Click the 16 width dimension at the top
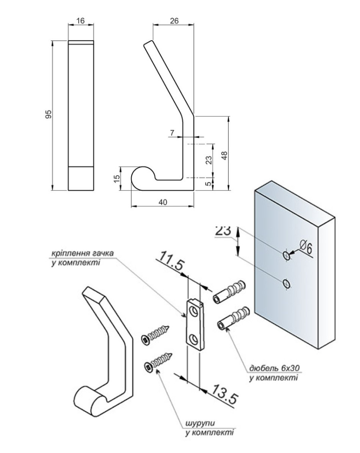[80, 21]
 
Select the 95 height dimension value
[48, 114]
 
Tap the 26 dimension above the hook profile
[174, 20]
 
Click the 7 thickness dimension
[172, 132]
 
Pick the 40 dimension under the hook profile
[163, 202]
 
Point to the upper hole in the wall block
[286, 255]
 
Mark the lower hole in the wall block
[286, 283]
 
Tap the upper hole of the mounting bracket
[194, 311]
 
